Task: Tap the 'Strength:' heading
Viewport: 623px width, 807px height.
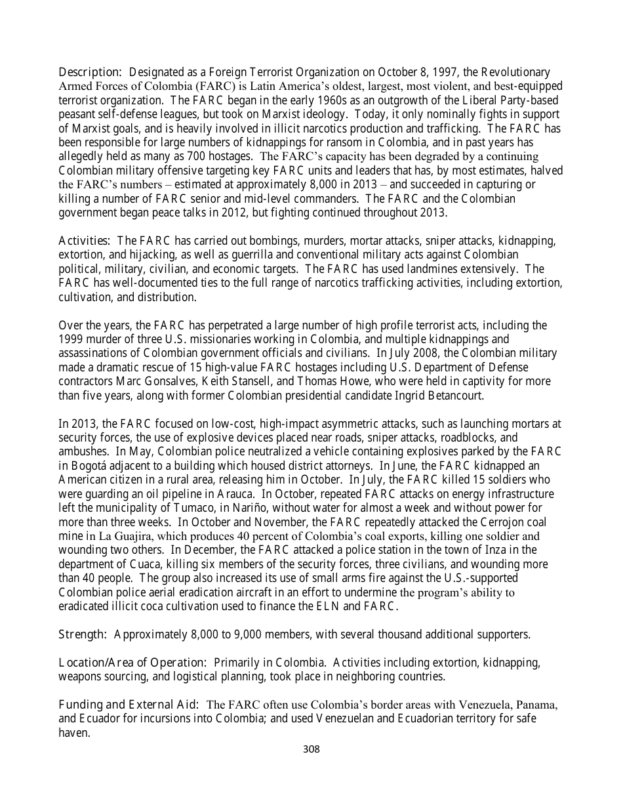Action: pyautogui.click(x=83, y=634)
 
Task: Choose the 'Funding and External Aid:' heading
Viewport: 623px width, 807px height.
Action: pyautogui.click(x=129, y=705)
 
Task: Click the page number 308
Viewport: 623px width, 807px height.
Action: pyautogui.click(x=311, y=749)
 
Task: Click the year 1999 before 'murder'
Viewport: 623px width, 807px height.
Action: pyautogui.click(x=71, y=339)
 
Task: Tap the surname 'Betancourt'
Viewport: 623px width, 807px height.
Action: pyautogui.click(x=454, y=396)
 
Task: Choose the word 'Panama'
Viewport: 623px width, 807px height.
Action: pyautogui.click(x=537, y=705)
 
